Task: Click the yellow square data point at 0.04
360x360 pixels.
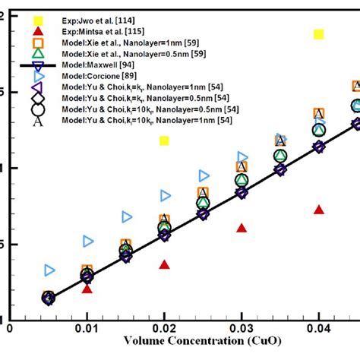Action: click(319, 34)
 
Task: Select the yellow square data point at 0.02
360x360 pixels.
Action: click(164, 141)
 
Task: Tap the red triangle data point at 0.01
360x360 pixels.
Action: click(87, 289)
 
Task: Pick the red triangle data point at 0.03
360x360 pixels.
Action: click(242, 228)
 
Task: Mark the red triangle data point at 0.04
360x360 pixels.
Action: click(319, 210)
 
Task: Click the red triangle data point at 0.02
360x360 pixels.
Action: click(164, 264)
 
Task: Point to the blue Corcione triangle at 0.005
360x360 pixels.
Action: click(49, 270)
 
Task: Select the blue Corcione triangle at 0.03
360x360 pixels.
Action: click(243, 157)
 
